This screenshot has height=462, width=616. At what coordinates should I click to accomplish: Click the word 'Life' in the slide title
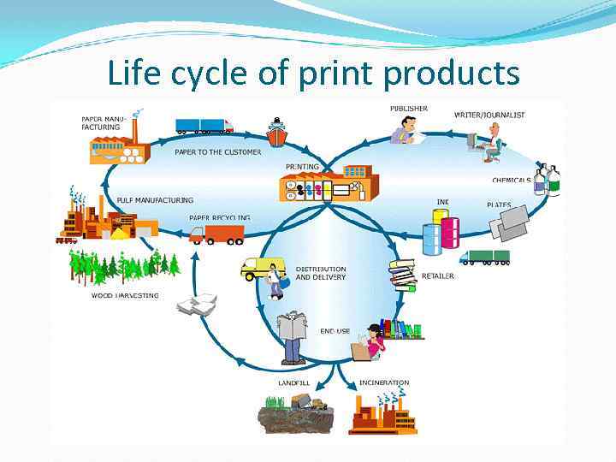coord(133,74)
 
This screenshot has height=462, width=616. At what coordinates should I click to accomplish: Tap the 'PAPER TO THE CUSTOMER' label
coord(218,151)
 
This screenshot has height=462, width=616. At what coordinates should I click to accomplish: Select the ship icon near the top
coord(277,133)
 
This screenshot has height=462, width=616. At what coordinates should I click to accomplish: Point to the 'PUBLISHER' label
coord(409,109)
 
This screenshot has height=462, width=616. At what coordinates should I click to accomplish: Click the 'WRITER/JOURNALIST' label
coord(489,115)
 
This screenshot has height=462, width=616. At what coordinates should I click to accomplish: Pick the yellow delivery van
coord(261,269)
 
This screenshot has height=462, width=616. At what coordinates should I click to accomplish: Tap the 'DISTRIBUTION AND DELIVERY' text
coord(321,273)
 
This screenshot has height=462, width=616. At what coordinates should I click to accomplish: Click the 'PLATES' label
coord(500,205)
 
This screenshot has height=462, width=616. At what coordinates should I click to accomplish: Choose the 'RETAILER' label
coord(438,276)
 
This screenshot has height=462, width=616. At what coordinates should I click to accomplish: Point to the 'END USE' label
coord(335,331)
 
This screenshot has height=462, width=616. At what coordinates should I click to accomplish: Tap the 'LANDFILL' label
coord(293,382)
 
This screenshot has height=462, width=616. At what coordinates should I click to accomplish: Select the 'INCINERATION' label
coord(384,382)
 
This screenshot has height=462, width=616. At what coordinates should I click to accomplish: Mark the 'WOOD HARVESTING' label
coord(125,295)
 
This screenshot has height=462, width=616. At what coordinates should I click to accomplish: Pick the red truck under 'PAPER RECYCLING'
coord(216,234)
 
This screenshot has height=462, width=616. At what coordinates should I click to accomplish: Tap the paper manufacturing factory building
coord(119,145)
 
